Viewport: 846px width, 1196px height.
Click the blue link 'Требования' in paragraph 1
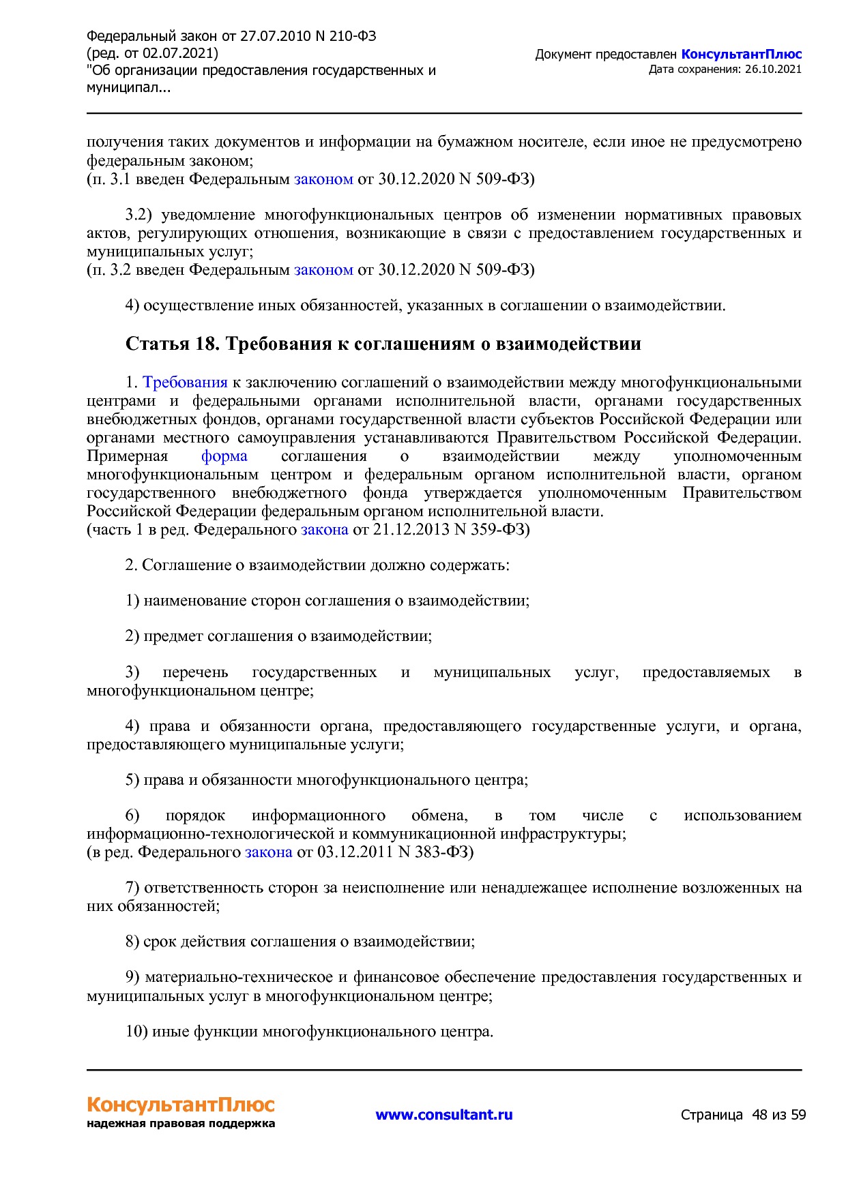tap(185, 383)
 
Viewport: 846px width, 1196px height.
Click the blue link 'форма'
tap(224, 456)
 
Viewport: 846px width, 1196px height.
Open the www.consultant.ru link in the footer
tap(443, 1114)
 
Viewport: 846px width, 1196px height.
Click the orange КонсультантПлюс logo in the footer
tap(180, 1104)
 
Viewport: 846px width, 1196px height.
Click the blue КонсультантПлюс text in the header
tap(741, 55)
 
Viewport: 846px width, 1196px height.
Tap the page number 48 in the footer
tap(759, 1115)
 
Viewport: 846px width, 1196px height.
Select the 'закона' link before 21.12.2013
tap(324, 530)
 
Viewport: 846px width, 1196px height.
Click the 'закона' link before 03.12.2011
tap(268, 852)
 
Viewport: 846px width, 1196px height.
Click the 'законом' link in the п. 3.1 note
tap(323, 179)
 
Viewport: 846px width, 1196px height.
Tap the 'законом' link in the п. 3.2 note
tap(323, 269)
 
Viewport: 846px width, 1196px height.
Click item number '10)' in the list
tap(136, 1032)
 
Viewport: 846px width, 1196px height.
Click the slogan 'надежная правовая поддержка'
tap(180, 1124)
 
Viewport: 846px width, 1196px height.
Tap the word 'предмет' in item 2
tap(173, 636)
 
